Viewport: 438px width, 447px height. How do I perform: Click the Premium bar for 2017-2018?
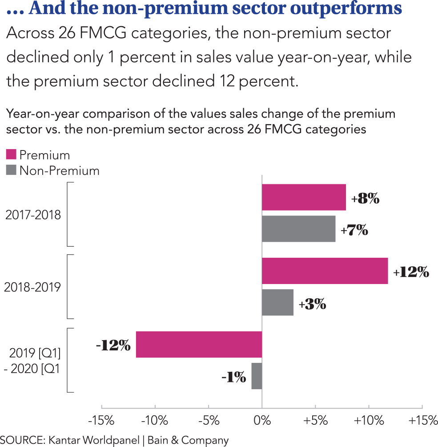(304, 197)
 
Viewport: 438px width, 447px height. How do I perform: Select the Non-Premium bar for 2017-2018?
(298, 229)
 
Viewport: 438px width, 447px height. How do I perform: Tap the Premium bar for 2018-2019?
(325, 271)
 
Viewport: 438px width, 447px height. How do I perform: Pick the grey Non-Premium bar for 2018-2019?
(277, 302)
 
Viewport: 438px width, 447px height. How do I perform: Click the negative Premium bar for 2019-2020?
(199, 345)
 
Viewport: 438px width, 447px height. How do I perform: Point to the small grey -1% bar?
(257, 376)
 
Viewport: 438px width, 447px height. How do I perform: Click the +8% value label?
(365, 199)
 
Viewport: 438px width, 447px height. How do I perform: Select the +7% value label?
(354, 230)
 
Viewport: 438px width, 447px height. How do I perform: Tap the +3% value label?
(312, 304)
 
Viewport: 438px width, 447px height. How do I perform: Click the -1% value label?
(234, 378)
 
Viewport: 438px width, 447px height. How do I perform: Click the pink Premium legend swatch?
(11, 154)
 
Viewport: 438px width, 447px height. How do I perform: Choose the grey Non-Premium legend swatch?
(11, 170)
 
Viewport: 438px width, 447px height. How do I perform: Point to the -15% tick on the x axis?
(102, 420)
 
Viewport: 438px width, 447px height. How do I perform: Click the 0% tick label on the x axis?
(262, 420)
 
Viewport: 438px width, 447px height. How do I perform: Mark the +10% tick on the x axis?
(369, 420)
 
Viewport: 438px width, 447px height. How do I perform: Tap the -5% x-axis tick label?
(209, 420)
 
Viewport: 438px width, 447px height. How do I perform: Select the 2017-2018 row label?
(33, 215)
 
